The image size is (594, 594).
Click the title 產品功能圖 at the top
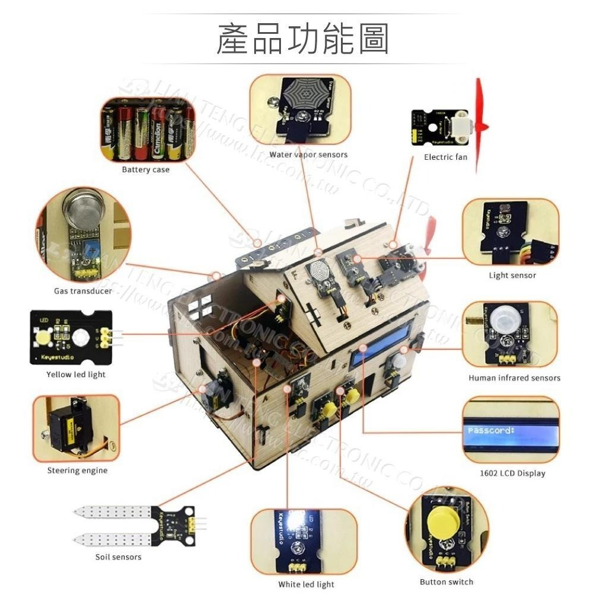click(x=302, y=40)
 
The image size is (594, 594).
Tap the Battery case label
click(x=146, y=170)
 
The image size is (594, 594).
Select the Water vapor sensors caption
click(x=308, y=155)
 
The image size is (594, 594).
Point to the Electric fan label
click(x=445, y=157)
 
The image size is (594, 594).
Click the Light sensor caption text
click(x=512, y=276)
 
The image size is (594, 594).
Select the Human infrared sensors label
click(x=514, y=378)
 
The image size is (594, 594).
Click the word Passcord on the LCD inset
click(x=490, y=430)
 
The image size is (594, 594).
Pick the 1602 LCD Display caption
click(x=512, y=473)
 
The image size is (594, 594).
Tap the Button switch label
click(x=446, y=582)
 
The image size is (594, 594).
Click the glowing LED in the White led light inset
click(x=294, y=521)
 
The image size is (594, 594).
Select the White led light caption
click(x=306, y=584)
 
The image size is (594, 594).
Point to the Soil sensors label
click(x=118, y=557)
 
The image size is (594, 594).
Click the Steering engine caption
click(x=77, y=470)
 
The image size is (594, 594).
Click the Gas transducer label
click(x=83, y=291)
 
